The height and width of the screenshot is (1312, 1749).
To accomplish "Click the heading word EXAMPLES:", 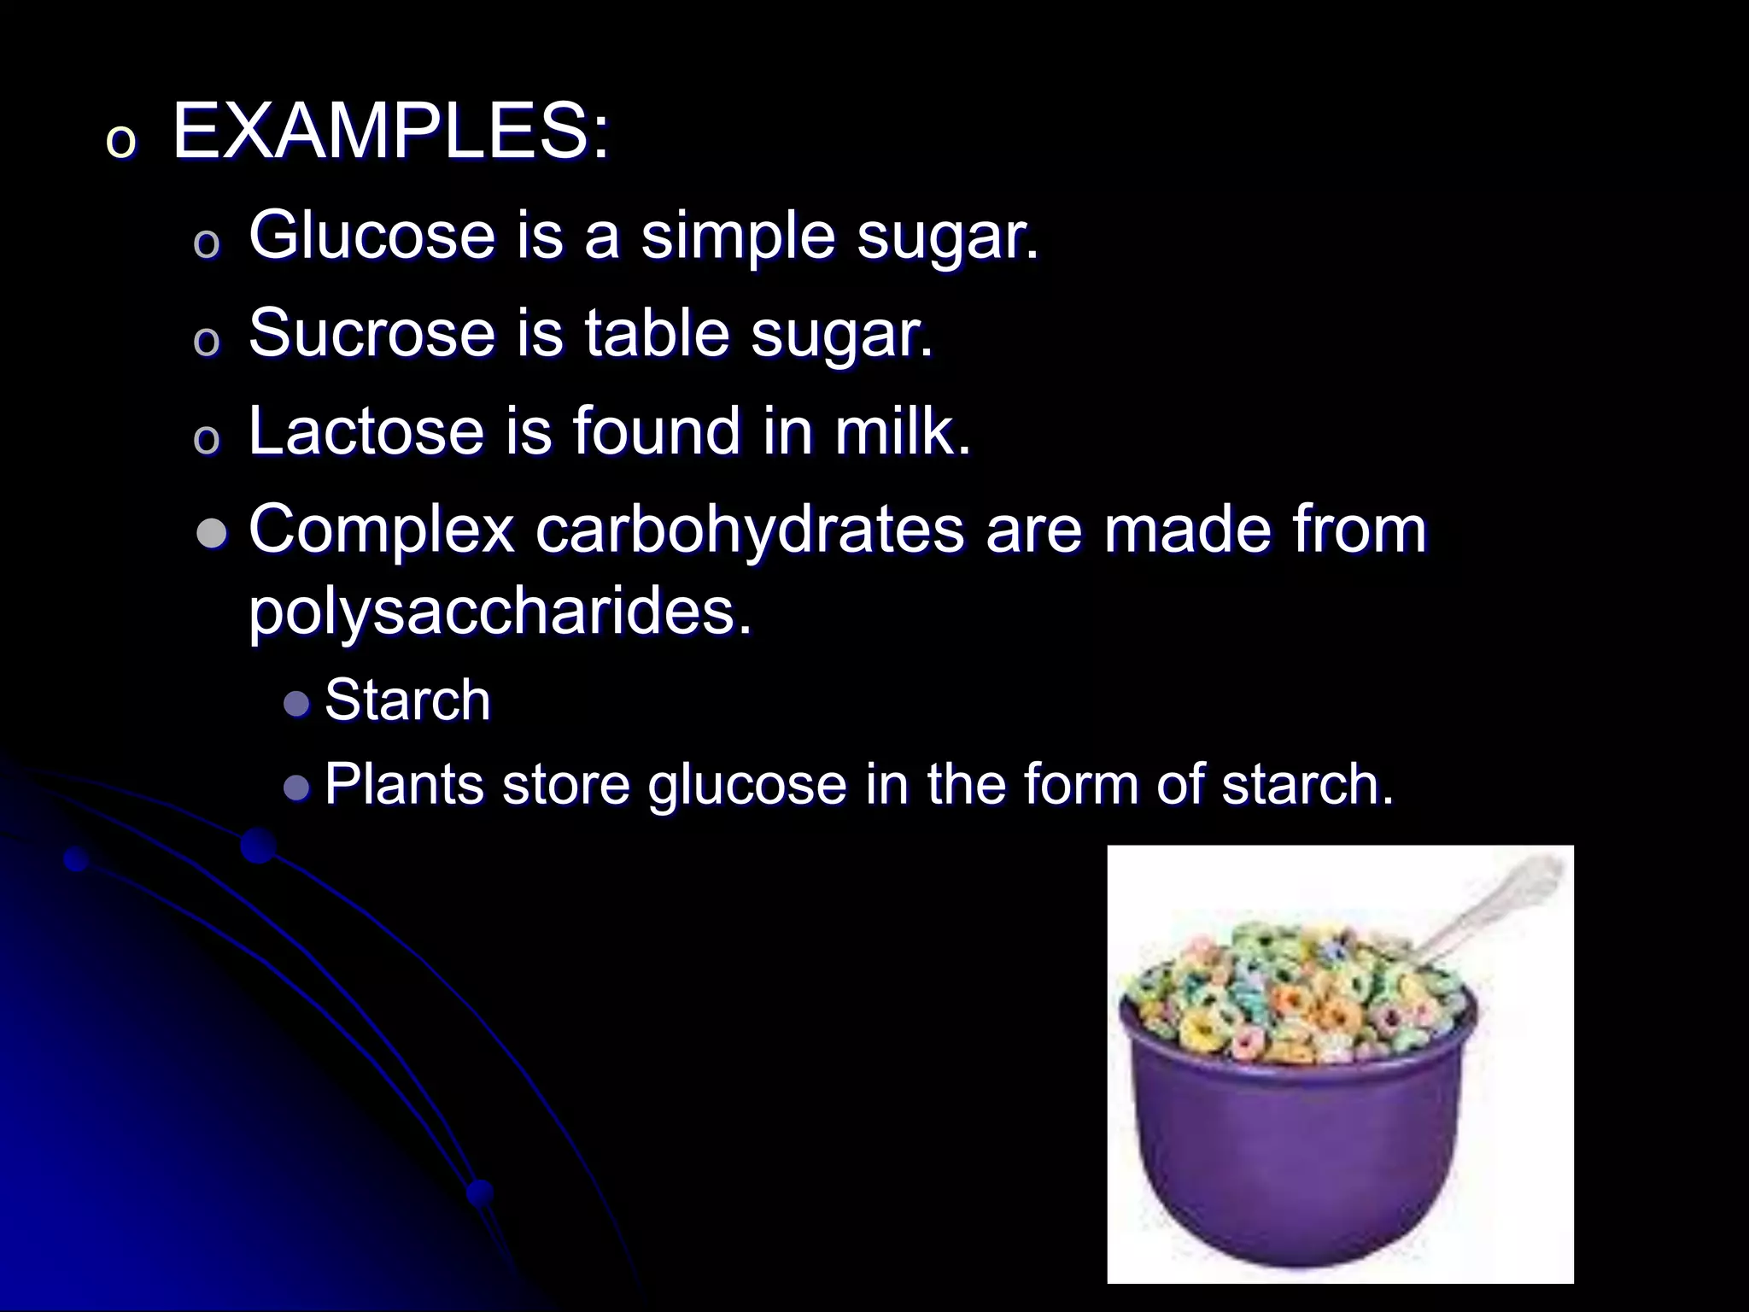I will coord(391,132).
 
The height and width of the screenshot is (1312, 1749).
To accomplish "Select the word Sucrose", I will coord(371,332).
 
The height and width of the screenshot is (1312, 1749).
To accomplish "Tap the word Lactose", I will coord(366,430).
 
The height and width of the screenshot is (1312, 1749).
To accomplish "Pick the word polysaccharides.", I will coord(500,612).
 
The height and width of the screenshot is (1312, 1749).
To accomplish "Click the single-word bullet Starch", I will coord(407,700).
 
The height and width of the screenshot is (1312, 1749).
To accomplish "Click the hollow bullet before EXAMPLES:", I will coord(120,143).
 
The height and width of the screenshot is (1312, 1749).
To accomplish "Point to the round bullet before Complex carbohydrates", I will coord(212,535).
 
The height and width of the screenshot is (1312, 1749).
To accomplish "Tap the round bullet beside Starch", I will coord(296,704).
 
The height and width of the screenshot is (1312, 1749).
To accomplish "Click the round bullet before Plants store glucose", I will coord(296,787).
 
